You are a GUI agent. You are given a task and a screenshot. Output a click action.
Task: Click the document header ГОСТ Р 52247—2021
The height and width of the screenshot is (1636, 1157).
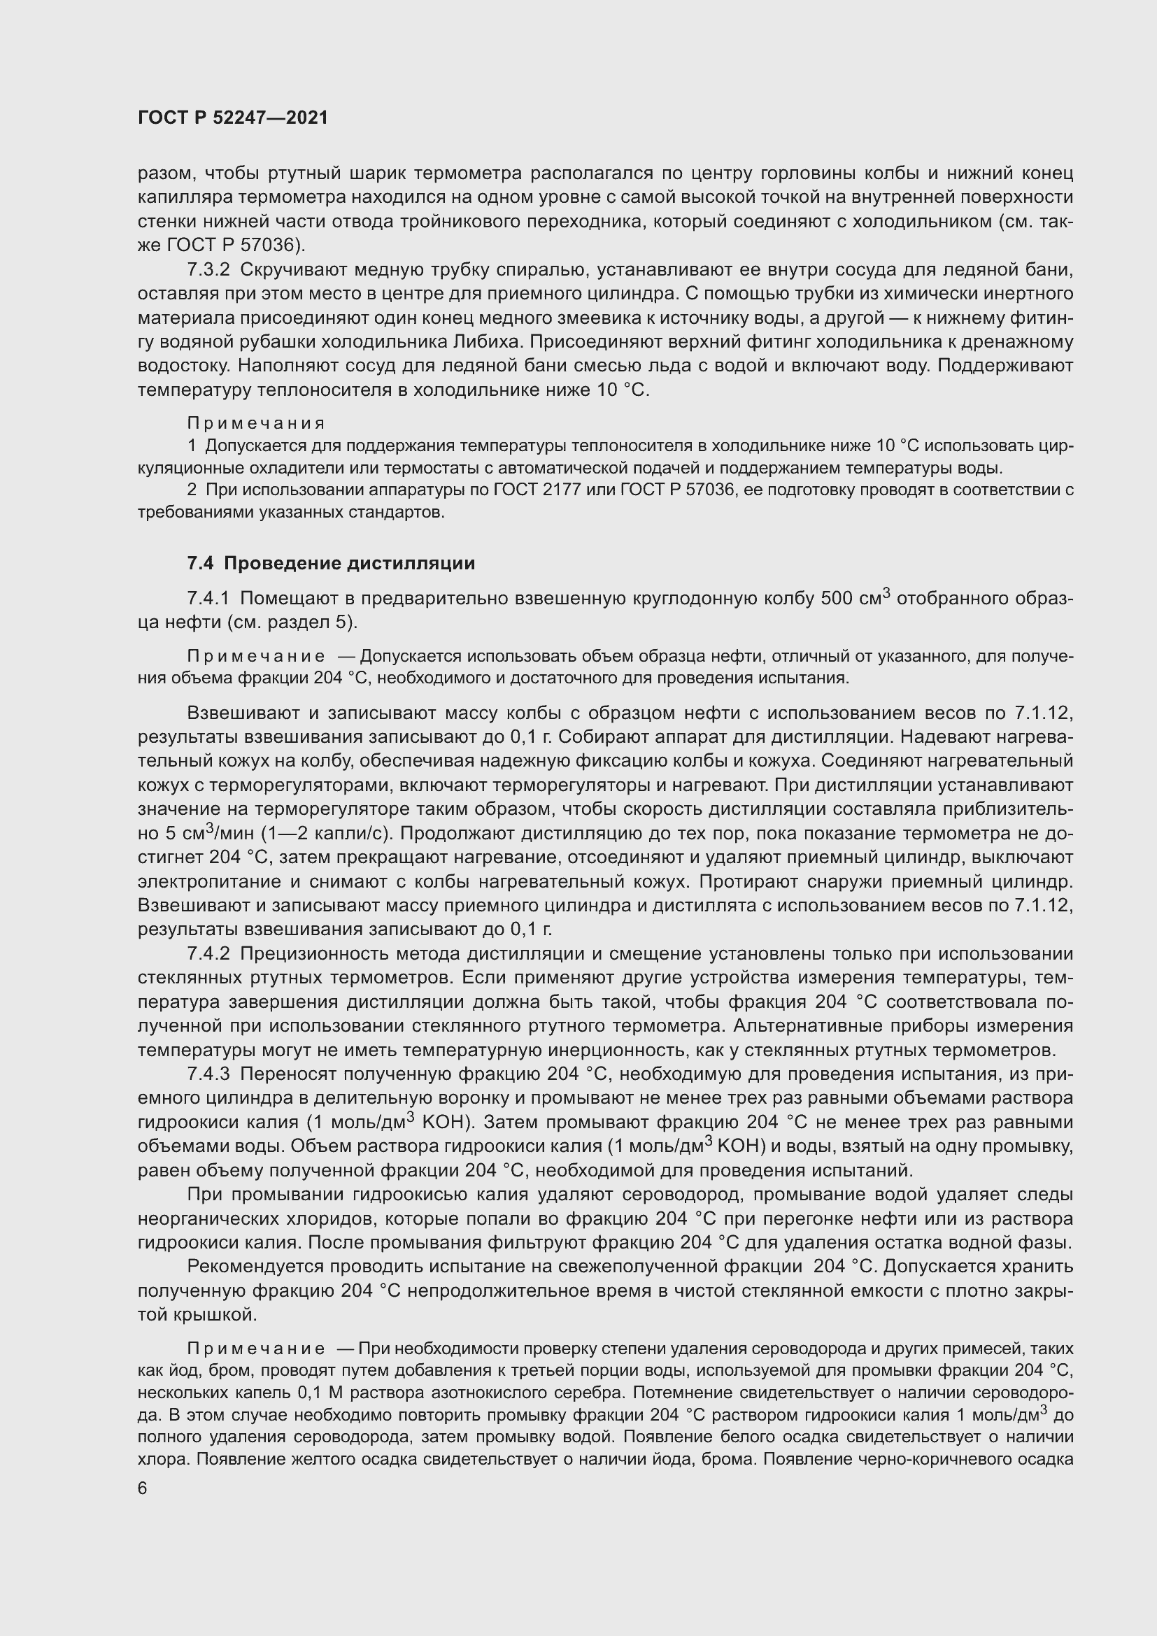pyautogui.click(x=233, y=118)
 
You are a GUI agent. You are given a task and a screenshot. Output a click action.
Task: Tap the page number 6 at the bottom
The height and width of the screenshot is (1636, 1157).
pyautogui.click(x=143, y=1489)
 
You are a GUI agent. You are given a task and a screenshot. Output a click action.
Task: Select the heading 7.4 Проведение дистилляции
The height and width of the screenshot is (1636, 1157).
pyautogui.click(x=331, y=563)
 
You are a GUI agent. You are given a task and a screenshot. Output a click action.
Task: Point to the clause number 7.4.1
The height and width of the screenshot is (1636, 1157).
pyautogui.click(x=208, y=598)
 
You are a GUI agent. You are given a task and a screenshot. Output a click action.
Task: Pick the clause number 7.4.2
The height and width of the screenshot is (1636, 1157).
pyautogui.click(x=208, y=953)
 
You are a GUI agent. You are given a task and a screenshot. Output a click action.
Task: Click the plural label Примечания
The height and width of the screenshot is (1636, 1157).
pyautogui.click(x=256, y=423)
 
